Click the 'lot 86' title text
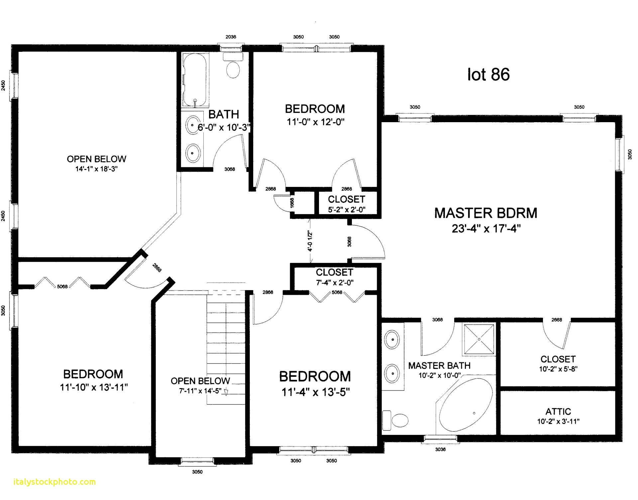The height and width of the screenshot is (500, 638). coord(488,74)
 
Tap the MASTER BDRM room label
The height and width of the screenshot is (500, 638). coord(485,213)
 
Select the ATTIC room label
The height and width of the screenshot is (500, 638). coord(558,412)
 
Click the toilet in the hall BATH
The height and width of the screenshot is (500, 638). coord(233,68)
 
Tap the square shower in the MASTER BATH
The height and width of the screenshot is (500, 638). coord(479,339)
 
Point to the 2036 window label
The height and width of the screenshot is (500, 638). coord(231,37)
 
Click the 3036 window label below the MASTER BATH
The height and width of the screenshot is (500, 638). coord(440,450)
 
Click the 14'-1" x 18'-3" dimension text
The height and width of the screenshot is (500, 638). coord(96,169)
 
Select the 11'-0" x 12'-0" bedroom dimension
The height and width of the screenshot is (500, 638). coord(315,122)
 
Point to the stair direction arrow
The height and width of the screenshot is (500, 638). coord(226,392)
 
